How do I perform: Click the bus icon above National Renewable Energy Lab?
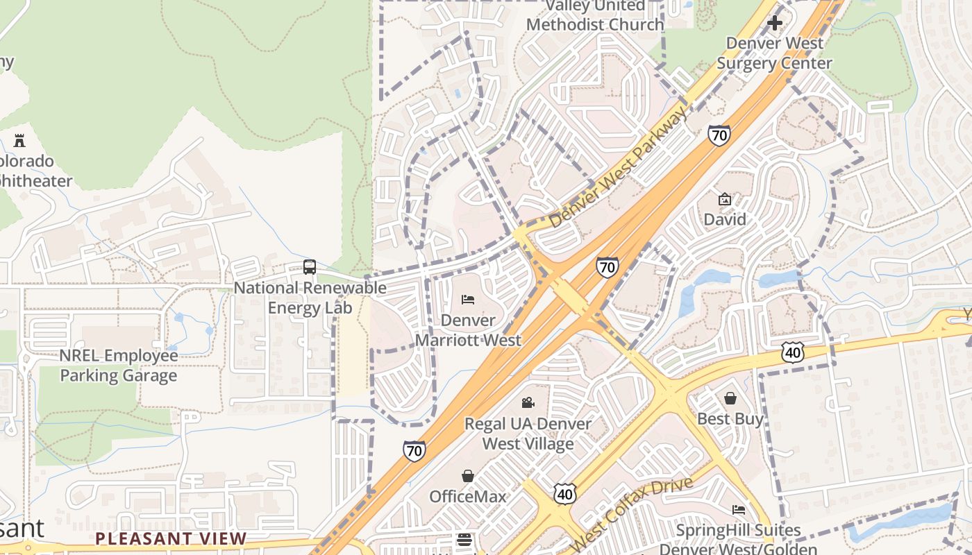(x=310, y=267)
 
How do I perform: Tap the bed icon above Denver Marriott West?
(x=468, y=300)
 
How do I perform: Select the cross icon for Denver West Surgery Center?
(x=774, y=23)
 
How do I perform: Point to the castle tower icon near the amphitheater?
(x=19, y=141)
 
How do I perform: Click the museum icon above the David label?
(x=725, y=200)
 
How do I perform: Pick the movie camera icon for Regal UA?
(x=528, y=402)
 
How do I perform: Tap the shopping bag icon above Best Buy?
(x=730, y=398)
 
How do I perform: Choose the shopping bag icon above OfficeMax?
(x=468, y=476)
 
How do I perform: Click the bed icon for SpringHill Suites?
(x=739, y=510)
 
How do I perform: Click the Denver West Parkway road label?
(x=620, y=169)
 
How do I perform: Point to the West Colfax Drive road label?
(x=635, y=512)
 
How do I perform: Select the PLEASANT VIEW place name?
(x=171, y=538)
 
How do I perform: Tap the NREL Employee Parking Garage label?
(x=118, y=366)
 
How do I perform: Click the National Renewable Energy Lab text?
(x=310, y=297)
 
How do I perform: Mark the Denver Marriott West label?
(x=468, y=330)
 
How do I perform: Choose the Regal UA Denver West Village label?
(x=528, y=434)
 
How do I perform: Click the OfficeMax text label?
(x=468, y=497)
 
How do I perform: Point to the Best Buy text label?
(x=730, y=419)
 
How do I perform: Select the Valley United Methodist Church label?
(x=595, y=15)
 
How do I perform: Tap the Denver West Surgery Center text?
(x=774, y=53)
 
